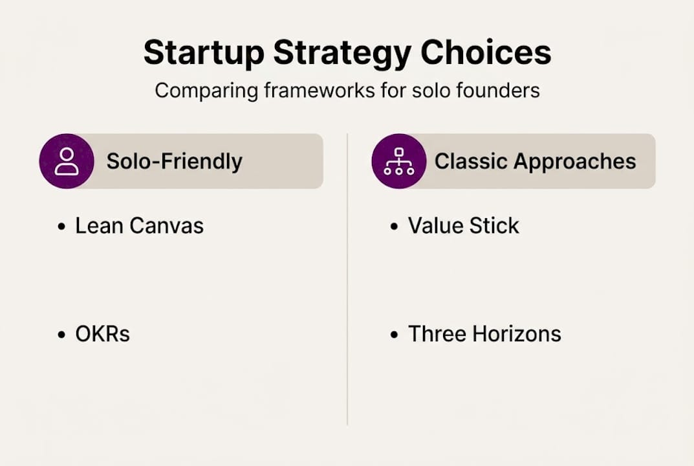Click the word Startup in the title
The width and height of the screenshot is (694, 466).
(202, 52)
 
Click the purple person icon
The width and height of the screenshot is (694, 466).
(67, 161)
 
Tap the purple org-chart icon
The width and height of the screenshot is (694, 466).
(399, 161)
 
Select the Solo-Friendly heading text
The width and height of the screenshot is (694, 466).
(174, 161)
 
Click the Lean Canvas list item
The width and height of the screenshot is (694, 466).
(139, 226)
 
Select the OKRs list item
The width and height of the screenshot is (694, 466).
(102, 334)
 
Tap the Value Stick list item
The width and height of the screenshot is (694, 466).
(463, 226)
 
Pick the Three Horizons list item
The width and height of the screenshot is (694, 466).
(484, 334)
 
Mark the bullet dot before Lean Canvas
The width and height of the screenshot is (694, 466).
(61, 227)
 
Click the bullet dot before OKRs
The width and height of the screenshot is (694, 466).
(61, 335)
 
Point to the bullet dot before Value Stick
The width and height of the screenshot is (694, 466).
(395, 227)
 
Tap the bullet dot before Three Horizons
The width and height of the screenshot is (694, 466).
(395, 335)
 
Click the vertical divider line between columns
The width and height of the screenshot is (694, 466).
(347, 278)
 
